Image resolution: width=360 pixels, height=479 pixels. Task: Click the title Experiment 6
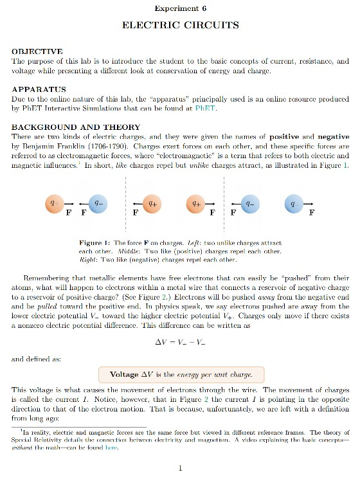pos(181,8)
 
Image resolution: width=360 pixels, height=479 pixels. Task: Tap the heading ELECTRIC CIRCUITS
pos(181,25)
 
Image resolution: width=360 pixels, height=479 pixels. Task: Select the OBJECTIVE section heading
pos(37,51)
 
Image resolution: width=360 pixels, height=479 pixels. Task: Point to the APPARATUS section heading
pos(39,89)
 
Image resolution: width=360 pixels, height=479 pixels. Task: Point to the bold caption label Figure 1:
pos(95,243)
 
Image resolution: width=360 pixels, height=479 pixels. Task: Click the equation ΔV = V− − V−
pos(180,341)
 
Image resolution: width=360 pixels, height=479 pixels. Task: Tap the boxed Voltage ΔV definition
pos(181,374)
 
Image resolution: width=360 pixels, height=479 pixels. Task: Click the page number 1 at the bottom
pos(181,468)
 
